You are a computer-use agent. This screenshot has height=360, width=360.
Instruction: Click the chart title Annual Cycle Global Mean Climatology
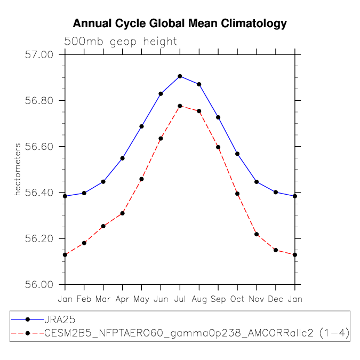(x=180, y=24)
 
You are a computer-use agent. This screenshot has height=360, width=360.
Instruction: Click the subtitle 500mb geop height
(x=121, y=42)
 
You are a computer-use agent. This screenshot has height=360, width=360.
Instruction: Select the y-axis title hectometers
(x=18, y=170)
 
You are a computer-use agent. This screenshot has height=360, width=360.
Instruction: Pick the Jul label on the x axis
(x=180, y=299)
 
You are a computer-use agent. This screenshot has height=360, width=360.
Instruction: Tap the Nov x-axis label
(x=257, y=299)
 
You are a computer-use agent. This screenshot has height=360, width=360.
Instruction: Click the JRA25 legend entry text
(x=60, y=319)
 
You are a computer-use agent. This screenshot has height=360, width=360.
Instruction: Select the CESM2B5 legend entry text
(x=197, y=333)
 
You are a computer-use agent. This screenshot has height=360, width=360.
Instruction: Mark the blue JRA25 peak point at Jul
(x=180, y=76)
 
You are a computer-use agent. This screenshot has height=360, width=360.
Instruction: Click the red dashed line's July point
(x=180, y=106)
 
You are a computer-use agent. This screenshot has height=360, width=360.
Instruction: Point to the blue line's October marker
(x=237, y=154)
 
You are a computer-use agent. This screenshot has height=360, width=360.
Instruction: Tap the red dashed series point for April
(x=122, y=213)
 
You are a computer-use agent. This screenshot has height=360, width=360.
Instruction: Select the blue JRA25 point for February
(x=84, y=193)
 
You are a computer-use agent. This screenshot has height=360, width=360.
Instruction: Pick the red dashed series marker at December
(x=276, y=250)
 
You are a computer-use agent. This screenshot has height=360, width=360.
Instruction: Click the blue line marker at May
(x=142, y=126)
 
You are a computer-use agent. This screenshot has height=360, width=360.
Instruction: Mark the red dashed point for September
(x=218, y=147)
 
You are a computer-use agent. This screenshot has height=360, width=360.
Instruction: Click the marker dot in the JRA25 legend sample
(x=28, y=319)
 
